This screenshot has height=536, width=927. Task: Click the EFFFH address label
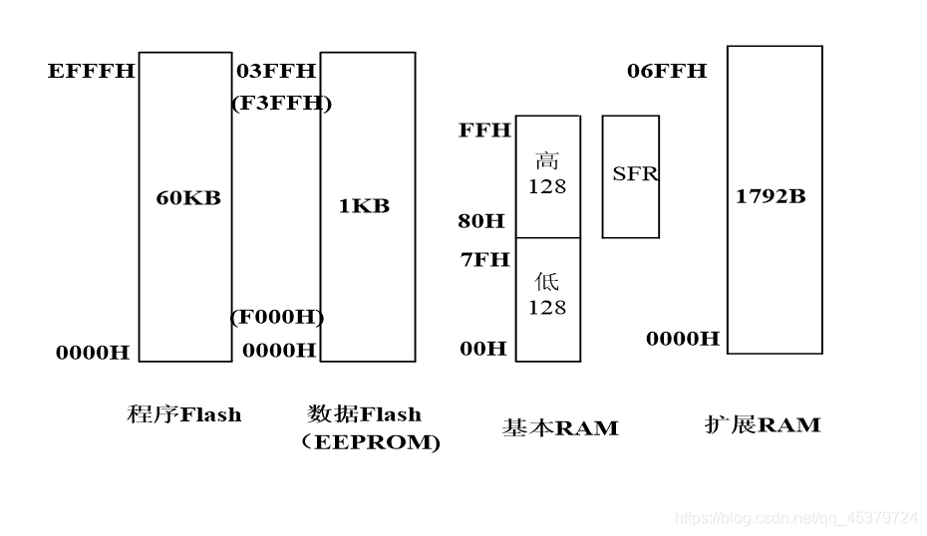click(91, 72)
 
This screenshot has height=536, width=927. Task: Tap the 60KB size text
click(188, 197)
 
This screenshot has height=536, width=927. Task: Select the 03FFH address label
click(276, 71)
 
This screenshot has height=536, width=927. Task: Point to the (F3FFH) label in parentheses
click(282, 103)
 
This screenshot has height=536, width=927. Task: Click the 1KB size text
click(364, 206)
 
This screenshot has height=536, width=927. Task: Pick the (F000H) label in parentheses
click(278, 317)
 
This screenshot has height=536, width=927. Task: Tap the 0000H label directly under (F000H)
click(279, 350)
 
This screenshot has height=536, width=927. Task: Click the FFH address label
click(484, 131)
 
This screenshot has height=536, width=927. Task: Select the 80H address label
click(482, 220)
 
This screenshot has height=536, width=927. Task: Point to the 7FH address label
click(484, 260)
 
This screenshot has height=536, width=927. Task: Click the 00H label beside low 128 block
click(482, 349)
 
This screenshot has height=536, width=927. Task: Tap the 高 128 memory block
click(547, 175)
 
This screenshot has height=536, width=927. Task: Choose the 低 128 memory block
click(547, 297)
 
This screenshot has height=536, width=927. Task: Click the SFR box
click(631, 175)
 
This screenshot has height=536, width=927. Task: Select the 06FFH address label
click(667, 71)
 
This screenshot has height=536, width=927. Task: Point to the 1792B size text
click(771, 196)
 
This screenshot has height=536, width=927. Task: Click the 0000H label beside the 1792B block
click(683, 339)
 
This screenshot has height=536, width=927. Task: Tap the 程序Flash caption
click(184, 414)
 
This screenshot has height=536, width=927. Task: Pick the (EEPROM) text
click(370, 443)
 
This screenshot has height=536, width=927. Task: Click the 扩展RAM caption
click(762, 425)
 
